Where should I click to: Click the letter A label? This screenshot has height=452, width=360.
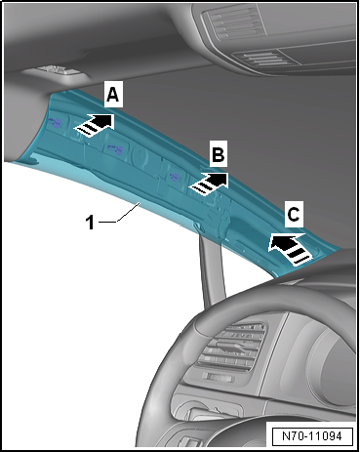113,95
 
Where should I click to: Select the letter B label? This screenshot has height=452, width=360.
219,154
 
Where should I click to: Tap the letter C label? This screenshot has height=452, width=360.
294,214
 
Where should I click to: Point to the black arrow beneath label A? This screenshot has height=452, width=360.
95,126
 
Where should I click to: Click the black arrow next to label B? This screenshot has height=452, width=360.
209,184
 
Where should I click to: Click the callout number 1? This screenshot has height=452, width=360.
90,223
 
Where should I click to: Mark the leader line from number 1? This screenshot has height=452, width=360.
120,213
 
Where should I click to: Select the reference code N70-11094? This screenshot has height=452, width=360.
312,435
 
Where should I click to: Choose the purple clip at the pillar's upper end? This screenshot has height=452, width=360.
56,123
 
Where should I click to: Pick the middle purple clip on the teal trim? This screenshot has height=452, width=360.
115,149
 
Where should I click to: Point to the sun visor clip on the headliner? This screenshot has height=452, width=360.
56,71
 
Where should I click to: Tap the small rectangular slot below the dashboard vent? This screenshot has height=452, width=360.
219,377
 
